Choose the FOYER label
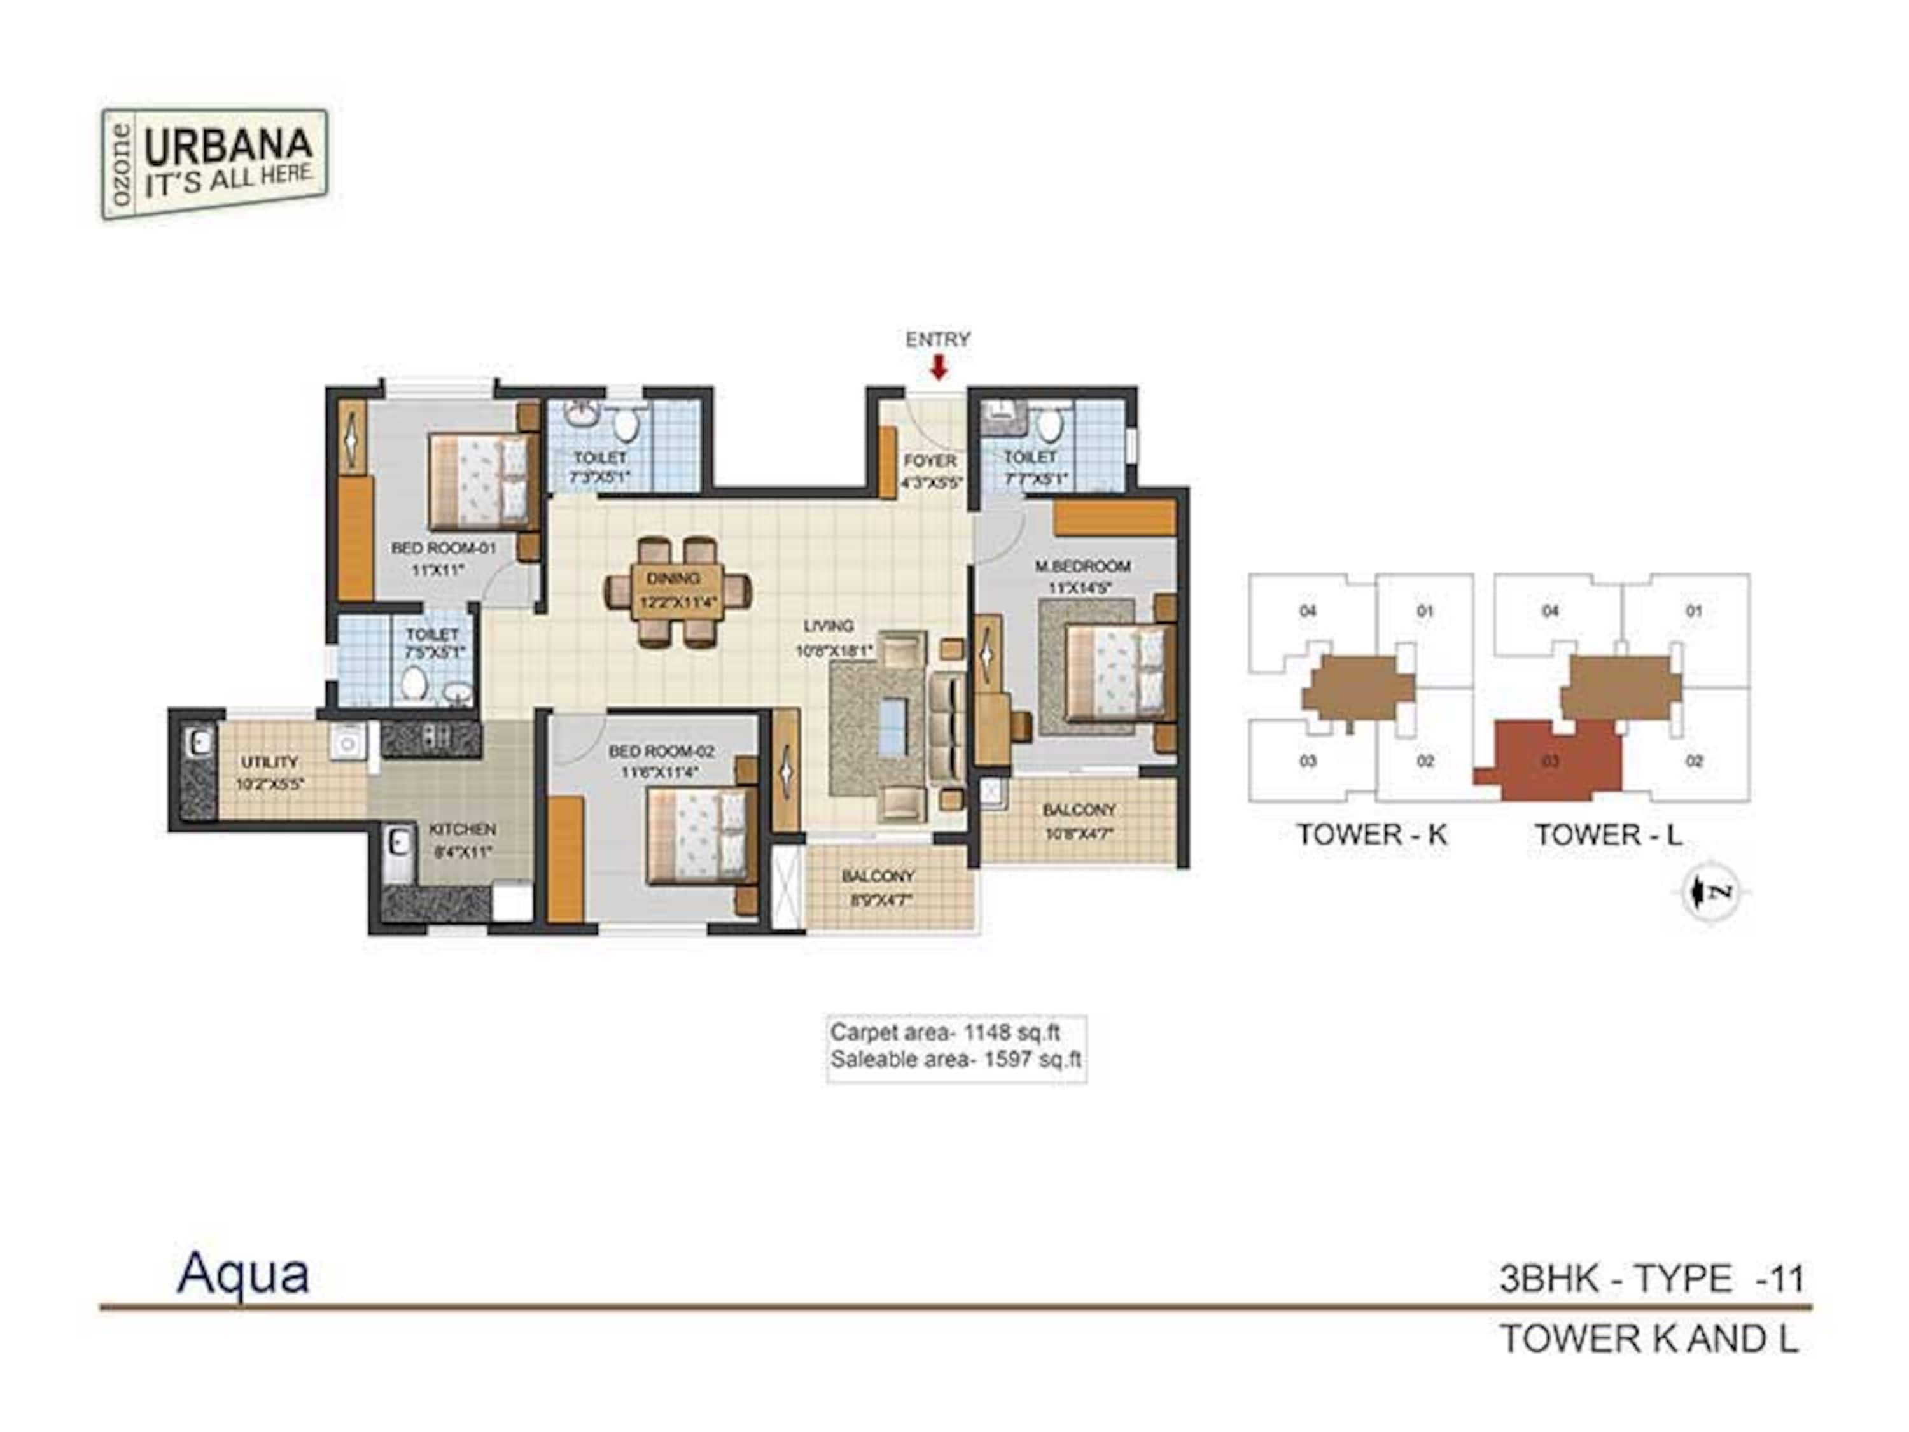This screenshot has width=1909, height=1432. coord(930,461)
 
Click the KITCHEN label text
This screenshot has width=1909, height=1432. coord(463,829)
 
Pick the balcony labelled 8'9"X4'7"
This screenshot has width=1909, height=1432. coord(878,887)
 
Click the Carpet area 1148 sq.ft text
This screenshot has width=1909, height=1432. coord(944,1032)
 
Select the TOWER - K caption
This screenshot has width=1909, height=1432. coord(1371,834)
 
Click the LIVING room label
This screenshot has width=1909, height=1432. coord(829,626)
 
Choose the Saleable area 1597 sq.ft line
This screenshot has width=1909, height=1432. coord(954,1060)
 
